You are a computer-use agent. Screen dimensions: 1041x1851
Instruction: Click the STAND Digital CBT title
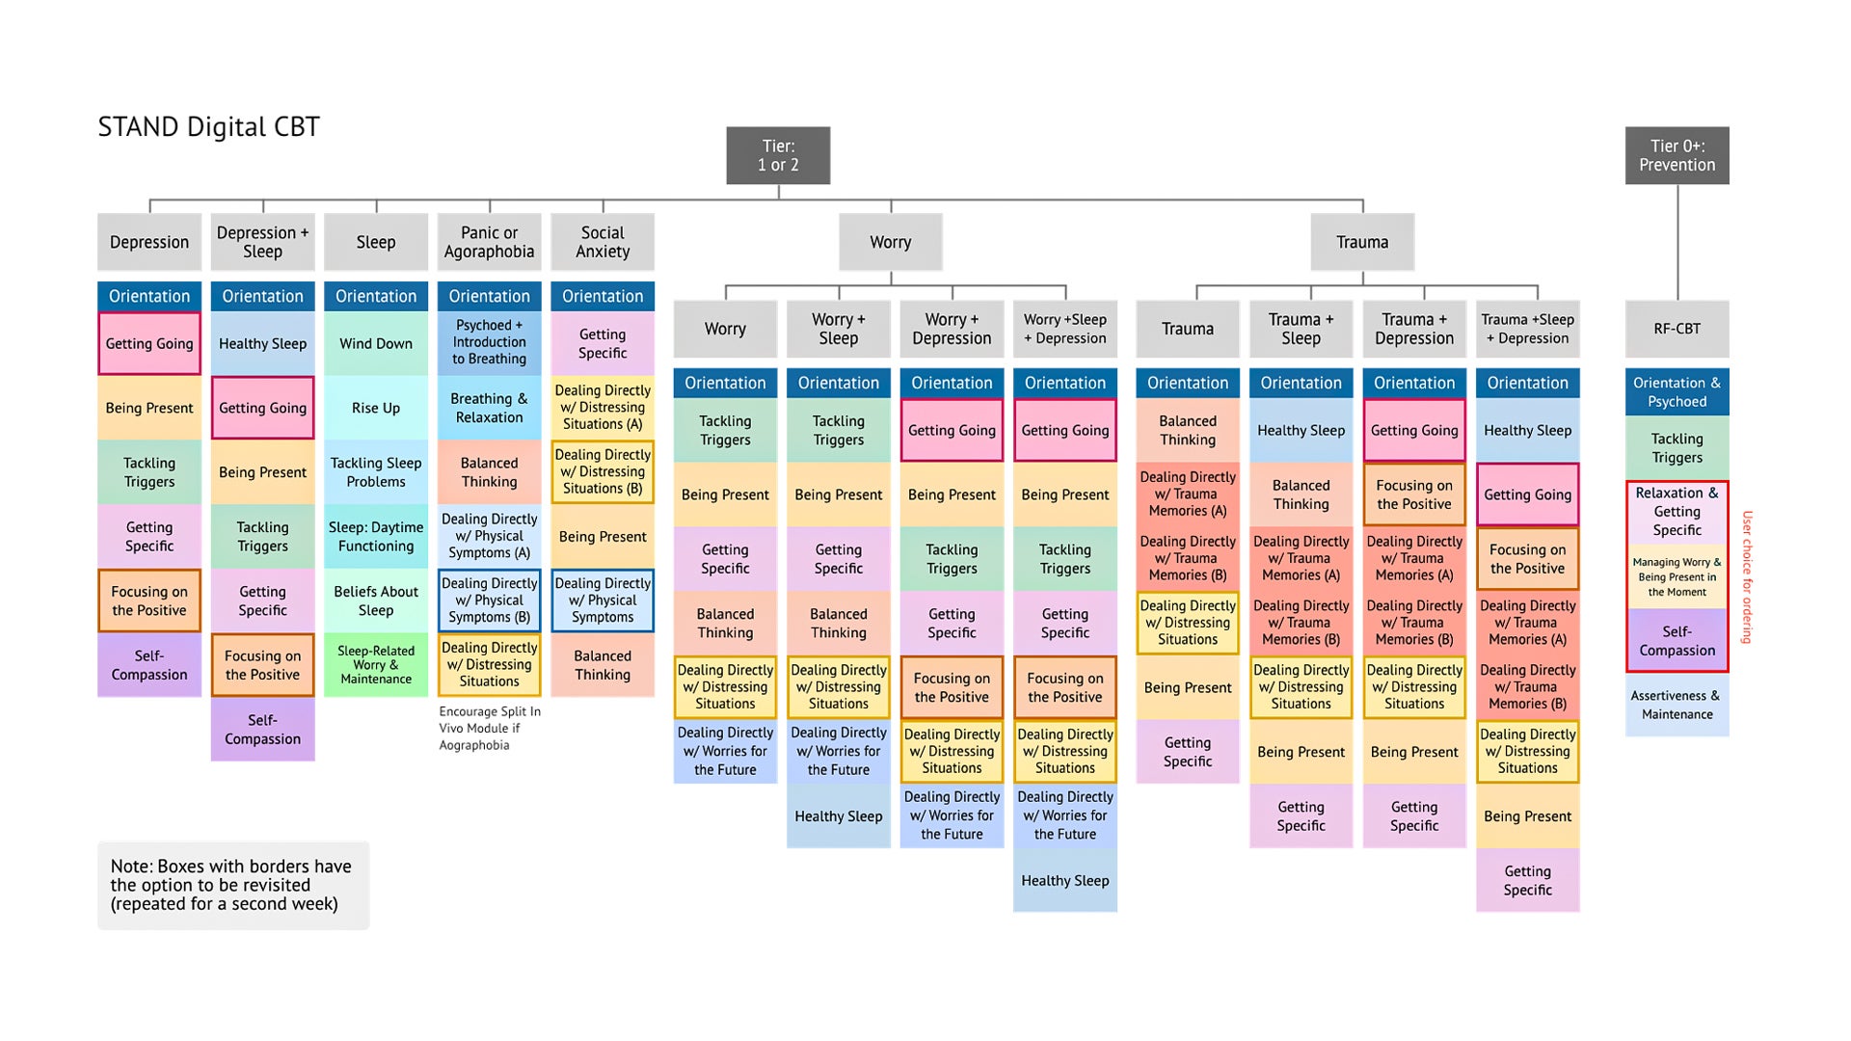tap(208, 127)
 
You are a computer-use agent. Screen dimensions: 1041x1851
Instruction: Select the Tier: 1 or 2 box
tap(778, 155)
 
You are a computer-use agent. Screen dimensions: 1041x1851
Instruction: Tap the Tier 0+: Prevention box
tap(1677, 155)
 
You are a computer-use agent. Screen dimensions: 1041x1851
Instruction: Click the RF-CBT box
tap(1677, 329)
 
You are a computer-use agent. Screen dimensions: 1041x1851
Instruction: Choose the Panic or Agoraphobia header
tap(489, 242)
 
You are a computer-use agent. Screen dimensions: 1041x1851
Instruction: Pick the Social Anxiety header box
tap(603, 242)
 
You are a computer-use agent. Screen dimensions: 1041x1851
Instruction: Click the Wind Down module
tap(376, 343)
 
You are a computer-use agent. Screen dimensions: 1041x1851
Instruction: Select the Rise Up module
tap(376, 408)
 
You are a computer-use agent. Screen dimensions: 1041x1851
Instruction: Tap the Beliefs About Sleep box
tap(376, 601)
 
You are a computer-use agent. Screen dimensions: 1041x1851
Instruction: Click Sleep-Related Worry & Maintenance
tap(376, 665)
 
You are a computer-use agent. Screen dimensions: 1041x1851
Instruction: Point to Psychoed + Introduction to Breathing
tap(489, 342)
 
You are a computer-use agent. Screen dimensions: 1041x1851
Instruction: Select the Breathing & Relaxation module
tap(489, 408)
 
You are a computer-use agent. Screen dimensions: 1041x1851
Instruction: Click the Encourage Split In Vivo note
tap(490, 728)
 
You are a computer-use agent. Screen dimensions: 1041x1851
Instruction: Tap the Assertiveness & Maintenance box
tap(1677, 705)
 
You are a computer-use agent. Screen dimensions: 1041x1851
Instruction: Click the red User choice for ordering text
tap(1747, 576)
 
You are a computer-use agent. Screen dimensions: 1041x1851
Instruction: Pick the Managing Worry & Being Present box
tap(1677, 576)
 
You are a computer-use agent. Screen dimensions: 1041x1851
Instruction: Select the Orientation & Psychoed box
tap(1677, 392)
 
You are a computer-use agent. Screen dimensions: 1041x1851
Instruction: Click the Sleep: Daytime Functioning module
tap(376, 536)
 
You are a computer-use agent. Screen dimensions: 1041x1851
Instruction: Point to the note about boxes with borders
tap(232, 885)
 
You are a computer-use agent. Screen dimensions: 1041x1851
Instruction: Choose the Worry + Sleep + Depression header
tap(1065, 329)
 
